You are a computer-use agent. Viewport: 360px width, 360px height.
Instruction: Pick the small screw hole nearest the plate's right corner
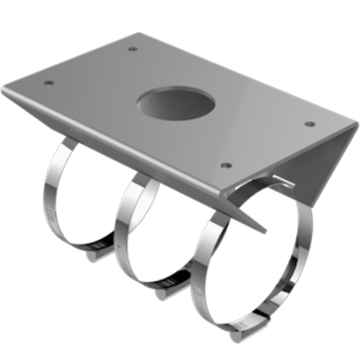pos(309,123)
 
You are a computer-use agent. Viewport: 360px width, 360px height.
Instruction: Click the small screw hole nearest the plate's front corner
pos(226,165)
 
